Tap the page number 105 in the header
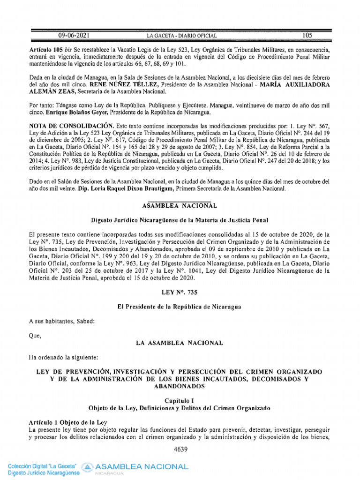coord(307,35)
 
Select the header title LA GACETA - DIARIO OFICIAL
coord(182,36)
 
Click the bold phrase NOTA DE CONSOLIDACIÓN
coord(71,126)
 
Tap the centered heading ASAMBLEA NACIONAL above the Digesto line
coord(180,205)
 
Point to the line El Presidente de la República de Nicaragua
coord(180,307)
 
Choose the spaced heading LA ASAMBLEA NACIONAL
coord(180,343)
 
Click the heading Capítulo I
coord(180,401)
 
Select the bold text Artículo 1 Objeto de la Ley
coord(68,422)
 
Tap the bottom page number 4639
coord(180,450)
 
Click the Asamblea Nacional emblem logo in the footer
coord(87,467)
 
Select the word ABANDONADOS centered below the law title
coord(180,387)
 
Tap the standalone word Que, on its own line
coord(35,336)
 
